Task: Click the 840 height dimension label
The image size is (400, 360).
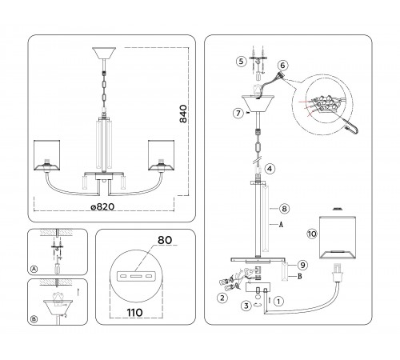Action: (x=183, y=114)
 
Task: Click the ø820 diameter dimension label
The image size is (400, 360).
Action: (x=102, y=206)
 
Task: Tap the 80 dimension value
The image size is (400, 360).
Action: (x=165, y=240)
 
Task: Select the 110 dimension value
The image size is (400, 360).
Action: (x=134, y=312)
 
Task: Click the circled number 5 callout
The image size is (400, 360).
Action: (x=241, y=62)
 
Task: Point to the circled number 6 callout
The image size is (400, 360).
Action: (x=282, y=65)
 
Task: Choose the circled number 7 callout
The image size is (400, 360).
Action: (x=238, y=113)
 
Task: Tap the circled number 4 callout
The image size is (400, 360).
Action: (x=270, y=169)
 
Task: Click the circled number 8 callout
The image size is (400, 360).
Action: (x=284, y=209)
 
